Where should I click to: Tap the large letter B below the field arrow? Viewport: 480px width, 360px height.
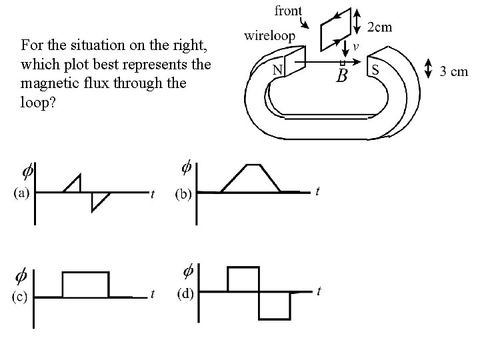[342, 75]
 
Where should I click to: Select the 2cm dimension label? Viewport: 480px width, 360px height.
[381, 27]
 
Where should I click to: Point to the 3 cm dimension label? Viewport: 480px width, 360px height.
[455, 71]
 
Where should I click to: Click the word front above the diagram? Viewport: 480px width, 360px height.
[287, 11]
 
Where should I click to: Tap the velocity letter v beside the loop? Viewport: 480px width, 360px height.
[356, 46]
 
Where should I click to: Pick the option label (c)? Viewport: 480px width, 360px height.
[19, 297]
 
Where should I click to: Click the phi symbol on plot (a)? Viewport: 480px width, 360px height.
[27, 171]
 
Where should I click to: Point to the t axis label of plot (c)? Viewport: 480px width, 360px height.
[153, 294]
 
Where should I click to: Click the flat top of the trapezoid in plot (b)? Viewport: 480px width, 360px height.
[254, 164]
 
